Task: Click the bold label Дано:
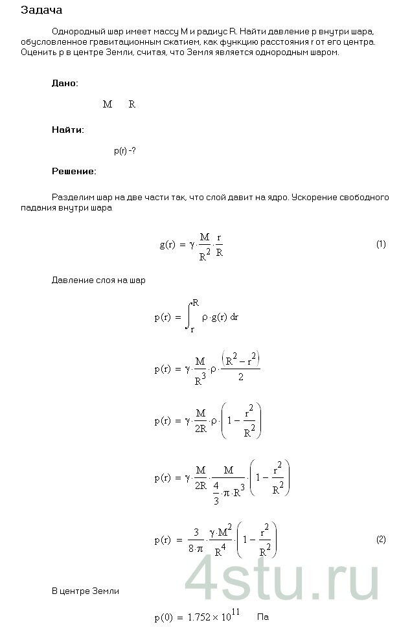pos(65,84)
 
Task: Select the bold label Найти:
pos(67,130)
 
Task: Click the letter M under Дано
pos(108,104)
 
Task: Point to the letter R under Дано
pos(132,104)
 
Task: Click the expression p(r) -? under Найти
pos(124,151)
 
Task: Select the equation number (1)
pos(381,244)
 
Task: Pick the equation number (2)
pos(381,539)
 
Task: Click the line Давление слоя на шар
pos(98,281)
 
